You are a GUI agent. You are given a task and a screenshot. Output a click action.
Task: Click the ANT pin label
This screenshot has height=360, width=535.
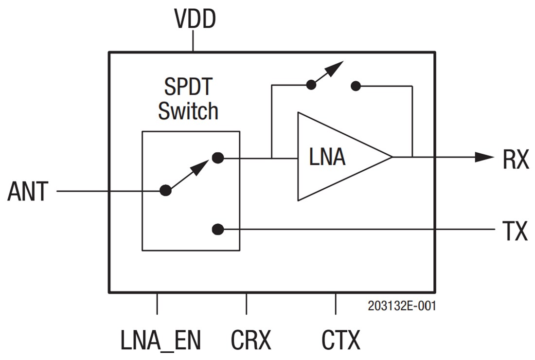click(28, 192)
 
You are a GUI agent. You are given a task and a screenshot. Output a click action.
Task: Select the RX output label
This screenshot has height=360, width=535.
click(516, 160)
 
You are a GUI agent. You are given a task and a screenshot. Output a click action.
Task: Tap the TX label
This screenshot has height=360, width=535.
click(515, 232)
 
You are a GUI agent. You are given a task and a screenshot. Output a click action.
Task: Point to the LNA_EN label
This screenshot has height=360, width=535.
click(160, 340)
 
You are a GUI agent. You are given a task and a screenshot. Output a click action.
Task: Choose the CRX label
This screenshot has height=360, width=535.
click(251, 340)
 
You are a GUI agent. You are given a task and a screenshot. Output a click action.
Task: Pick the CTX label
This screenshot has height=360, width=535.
click(341, 340)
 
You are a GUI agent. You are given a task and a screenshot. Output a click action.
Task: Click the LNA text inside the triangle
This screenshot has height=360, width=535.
click(327, 158)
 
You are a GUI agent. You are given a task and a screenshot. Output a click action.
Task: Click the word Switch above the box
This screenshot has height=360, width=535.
click(188, 111)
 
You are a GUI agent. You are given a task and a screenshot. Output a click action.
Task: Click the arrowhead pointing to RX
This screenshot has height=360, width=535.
click(484, 157)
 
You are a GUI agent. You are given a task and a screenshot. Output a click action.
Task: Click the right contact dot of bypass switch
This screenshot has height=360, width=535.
click(356, 86)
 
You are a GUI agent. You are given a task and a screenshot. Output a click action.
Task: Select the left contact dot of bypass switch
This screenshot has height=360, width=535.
click(310, 86)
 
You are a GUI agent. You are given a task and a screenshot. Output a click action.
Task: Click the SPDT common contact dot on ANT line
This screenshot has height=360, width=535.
click(166, 190)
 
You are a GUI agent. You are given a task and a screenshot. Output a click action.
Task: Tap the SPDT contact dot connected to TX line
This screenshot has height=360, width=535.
click(218, 229)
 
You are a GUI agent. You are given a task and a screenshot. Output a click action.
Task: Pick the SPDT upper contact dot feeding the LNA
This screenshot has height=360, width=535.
click(218, 158)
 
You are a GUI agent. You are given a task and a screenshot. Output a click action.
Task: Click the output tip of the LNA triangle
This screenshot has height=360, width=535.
click(391, 157)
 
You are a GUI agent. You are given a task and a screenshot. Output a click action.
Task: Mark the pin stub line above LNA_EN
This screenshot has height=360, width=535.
click(157, 304)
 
